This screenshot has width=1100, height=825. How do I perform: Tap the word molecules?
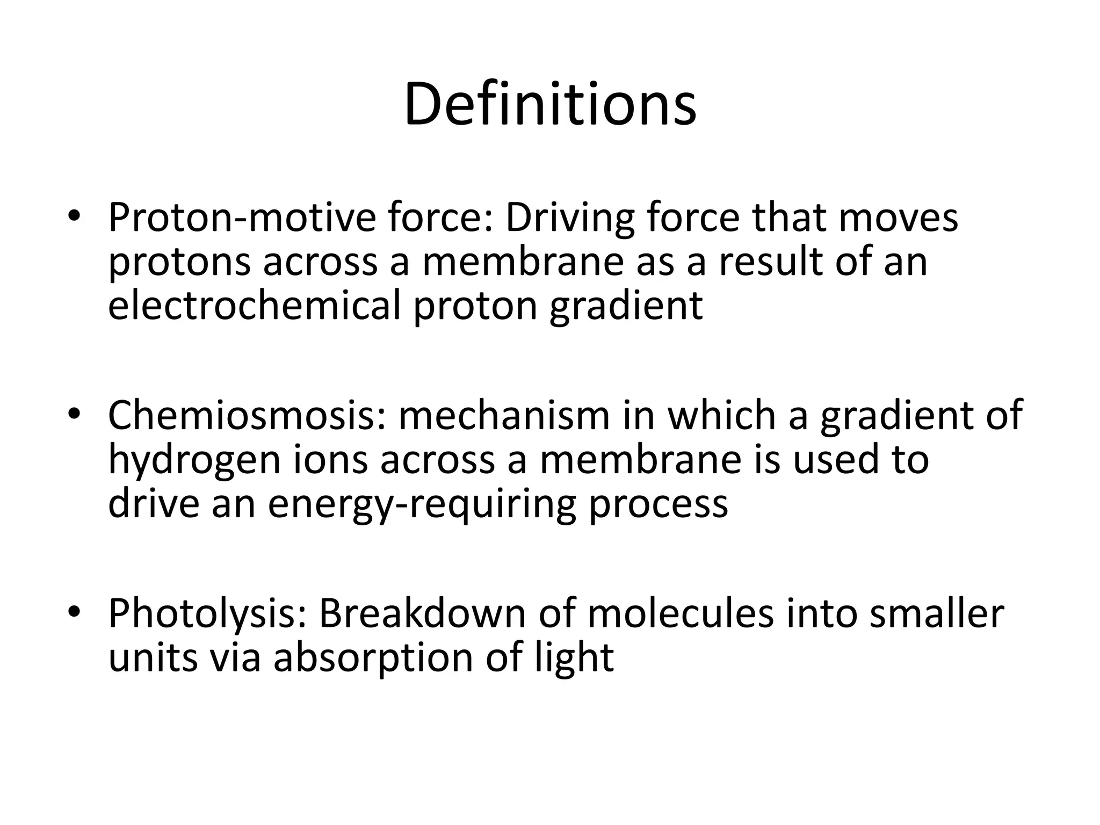[x=681, y=614]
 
